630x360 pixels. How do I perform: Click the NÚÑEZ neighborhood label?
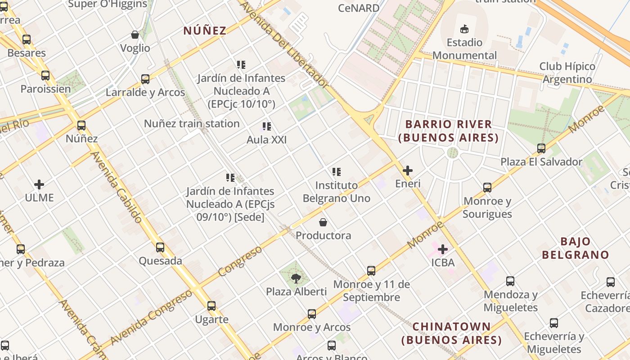pos(205,31)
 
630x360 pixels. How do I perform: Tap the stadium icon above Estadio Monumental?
pos(464,29)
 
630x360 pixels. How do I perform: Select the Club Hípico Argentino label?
pos(567,73)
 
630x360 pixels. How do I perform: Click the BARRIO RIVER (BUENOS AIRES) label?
pos(448,131)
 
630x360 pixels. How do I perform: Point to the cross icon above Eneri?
pos(408,171)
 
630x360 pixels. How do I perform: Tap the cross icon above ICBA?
pos(443,249)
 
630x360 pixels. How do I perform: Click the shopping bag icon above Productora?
pos(323,222)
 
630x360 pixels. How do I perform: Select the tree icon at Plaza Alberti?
pos(296,279)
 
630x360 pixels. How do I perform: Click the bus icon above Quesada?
pos(160,247)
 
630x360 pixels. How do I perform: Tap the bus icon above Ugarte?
pos(211,306)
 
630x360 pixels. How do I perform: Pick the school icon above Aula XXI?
pos(267,127)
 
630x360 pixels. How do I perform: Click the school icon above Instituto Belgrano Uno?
pos(337,172)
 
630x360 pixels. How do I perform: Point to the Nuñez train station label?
pos(192,123)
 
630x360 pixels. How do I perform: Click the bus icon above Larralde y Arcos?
pos(145,79)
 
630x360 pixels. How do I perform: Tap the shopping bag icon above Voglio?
pos(135,35)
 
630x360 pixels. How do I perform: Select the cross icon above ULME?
pos(39,184)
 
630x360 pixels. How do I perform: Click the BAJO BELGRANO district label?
pos(575,248)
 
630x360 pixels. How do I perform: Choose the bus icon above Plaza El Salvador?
pos(541,148)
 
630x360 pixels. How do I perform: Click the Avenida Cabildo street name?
pos(117,187)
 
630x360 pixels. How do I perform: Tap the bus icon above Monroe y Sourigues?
pos(487,188)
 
